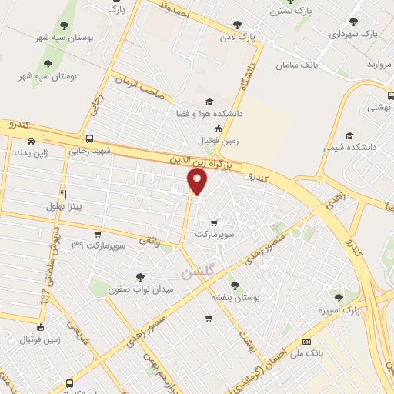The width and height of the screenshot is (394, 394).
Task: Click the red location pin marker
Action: coord(198,182)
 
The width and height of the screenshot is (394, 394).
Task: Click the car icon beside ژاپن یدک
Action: coord(31,141)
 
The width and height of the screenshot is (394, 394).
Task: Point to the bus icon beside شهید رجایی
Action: coord(90,139)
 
